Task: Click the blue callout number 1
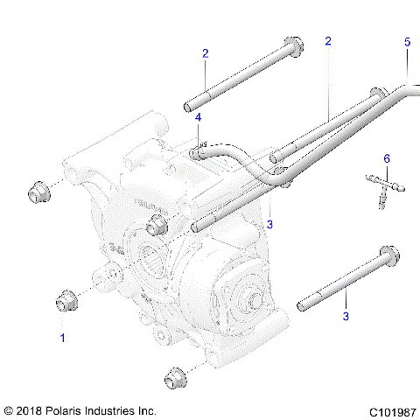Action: point(62,336)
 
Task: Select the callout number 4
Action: point(199,117)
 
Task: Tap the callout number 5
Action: point(407,42)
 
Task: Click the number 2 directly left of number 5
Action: point(328,41)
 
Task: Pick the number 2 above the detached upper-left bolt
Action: point(205,54)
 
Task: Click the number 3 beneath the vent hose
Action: point(269,224)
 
